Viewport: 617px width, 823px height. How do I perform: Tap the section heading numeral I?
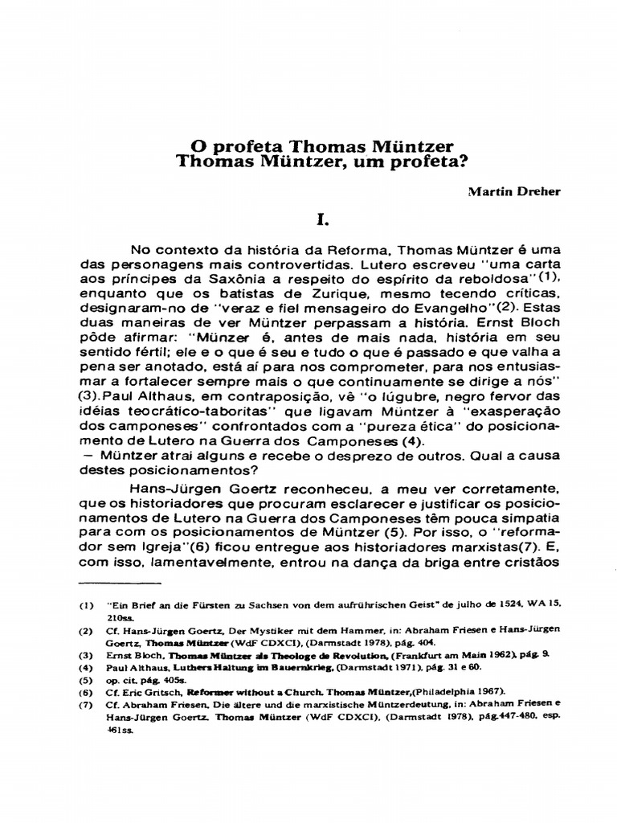pyautogui.click(x=322, y=219)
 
